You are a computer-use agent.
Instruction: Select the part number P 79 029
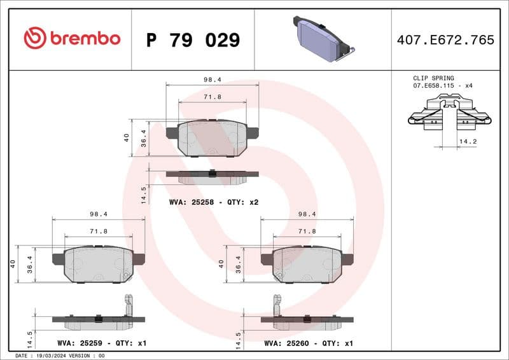coord(193,40)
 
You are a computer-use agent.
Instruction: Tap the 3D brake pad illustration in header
coord(322,39)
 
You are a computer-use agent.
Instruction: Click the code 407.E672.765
coord(445,40)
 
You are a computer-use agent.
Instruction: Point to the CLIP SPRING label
coord(434,78)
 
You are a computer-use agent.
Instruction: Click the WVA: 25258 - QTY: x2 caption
coord(214,202)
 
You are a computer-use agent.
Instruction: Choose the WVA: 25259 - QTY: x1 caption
coord(102,343)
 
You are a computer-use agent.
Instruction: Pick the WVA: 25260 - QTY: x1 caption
coord(309,343)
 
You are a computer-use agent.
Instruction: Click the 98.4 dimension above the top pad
coord(213,80)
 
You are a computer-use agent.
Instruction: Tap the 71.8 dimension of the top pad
coord(213,97)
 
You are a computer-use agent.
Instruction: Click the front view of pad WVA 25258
coord(213,137)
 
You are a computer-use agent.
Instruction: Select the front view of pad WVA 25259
coord(99,264)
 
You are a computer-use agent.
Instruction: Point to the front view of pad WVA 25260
coord(307,264)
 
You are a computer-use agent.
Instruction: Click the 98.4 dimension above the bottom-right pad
coord(307,215)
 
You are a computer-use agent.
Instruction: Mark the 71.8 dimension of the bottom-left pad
coord(99,232)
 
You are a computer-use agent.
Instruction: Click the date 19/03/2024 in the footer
coord(51,356)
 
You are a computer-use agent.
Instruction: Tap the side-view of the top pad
coord(213,176)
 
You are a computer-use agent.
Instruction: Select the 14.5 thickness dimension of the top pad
coord(144,194)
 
